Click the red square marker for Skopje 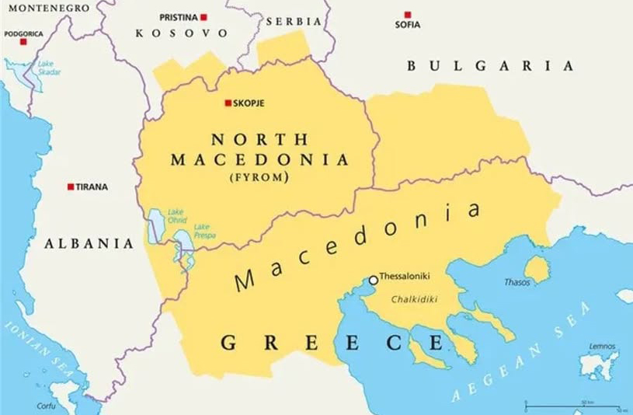[x=228, y=103]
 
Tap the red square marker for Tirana [x=71, y=187]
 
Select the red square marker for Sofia [x=407, y=15]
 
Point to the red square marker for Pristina [x=203, y=16]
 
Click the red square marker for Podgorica [x=23, y=41]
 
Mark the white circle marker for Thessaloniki [x=373, y=280]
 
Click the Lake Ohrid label [x=176, y=214]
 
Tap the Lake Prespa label [x=205, y=230]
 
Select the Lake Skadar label [x=49, y=68]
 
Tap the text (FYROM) [x=259, y=177]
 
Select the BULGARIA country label [x=489, y=66]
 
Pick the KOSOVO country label [x=182, y=33]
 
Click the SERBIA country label [x=294, y=21]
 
